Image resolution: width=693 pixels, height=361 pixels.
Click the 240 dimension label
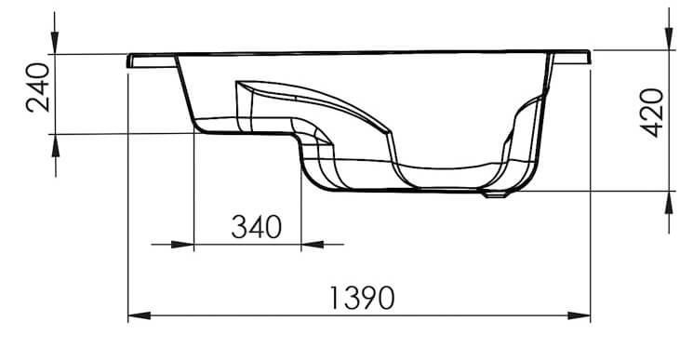coord(38,87)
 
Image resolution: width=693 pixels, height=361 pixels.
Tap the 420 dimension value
coord(651,113)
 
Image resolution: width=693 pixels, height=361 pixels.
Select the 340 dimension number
coord(257,227)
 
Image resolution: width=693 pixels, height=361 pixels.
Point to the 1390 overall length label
coord(362,298)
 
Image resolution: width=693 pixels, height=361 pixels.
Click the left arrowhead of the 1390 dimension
coord(139,315)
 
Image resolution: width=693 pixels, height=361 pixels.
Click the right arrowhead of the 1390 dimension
coord(579,315)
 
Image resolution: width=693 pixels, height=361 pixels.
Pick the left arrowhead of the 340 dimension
coord(182,244)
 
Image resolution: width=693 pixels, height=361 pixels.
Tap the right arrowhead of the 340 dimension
coord(313,244)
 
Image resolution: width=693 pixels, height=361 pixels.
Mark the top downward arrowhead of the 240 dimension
coord(55,43)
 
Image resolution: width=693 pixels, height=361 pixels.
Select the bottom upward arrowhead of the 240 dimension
coord(55,145)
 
